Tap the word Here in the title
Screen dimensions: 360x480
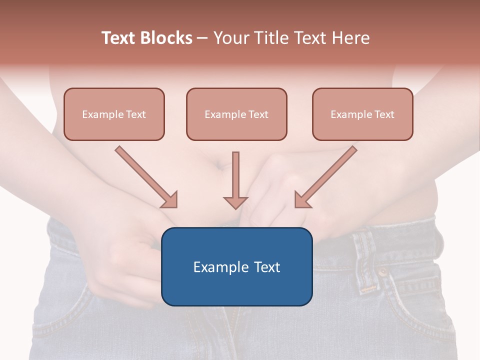tap(352, 38)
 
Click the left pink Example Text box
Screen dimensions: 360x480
tap(114, 114)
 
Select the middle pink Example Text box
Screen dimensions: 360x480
tap(236, 114)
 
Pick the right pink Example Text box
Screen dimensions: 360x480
tap(362, 114)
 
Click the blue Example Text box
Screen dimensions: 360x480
tap(236, 266)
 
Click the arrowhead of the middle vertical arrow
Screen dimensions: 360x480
tap(235, 202)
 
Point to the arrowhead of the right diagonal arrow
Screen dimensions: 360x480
tap(301, 200)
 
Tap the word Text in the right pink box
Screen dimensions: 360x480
tap(384, 114)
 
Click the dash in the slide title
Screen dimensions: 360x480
tap(202, 38)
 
